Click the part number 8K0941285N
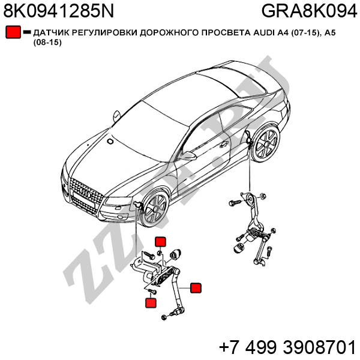pyautogui.click(x=59, y=11)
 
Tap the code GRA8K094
pyautogui.click(x=309, y=11)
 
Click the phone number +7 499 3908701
pyautogui.click(x=287, y=347)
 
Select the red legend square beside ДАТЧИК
pyautogui.click(x=13, y=32)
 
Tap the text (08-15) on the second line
pyautogui.click(x=47, y=43)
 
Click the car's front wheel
pyautogui.click(x=155, y=208)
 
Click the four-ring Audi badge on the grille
pyautogui.click(x=85, y=193)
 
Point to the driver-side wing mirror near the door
pyautogui.click(x=188, y=155)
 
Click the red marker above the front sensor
pyautogui.click(x=160, y=242)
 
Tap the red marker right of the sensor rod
pyautogui.click(x=196, y=288)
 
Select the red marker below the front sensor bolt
pyautogui.click(x=151, y=302)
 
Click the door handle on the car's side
pyautogui.click(x=223, y=145)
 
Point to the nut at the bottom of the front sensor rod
pyautogui.click(x=164, y=317)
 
